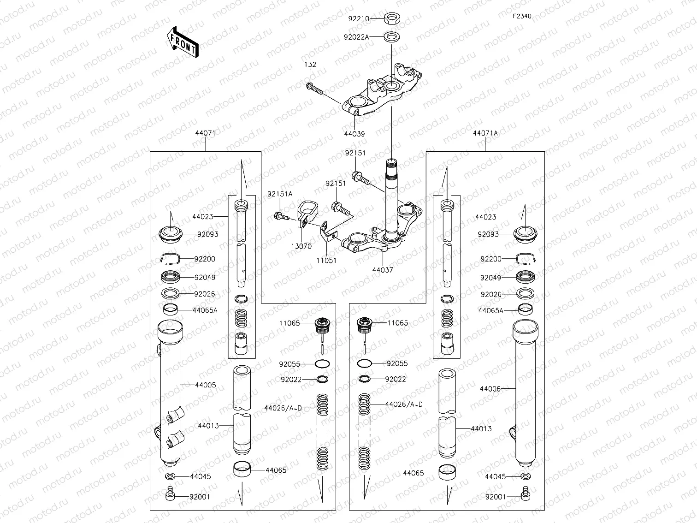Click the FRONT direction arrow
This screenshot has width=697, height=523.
point(183,42)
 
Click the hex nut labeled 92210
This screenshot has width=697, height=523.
point(392,19)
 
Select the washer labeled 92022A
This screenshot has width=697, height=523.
point(392,37)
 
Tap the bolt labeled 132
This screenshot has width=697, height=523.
point(314,89)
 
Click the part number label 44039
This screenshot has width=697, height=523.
point(354,134)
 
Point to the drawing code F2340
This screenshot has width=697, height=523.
point(522,16)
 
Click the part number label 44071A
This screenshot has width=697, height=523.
point(485,133)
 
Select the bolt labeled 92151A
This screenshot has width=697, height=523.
point(282,216)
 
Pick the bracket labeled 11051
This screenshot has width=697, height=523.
point(328,233)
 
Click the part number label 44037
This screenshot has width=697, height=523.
point(383,270)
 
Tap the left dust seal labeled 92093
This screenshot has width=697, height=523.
point(171,235)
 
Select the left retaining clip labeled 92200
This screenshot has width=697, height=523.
point(171,259)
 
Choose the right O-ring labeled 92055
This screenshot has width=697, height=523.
point(364,363)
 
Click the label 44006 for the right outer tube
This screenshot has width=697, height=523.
point(490,389)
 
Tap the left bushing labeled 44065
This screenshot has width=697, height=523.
point(242,469)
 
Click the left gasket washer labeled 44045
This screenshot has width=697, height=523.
point(170,476)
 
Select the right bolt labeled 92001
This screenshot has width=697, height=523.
point(526,493)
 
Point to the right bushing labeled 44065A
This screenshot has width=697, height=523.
point(525,309)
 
